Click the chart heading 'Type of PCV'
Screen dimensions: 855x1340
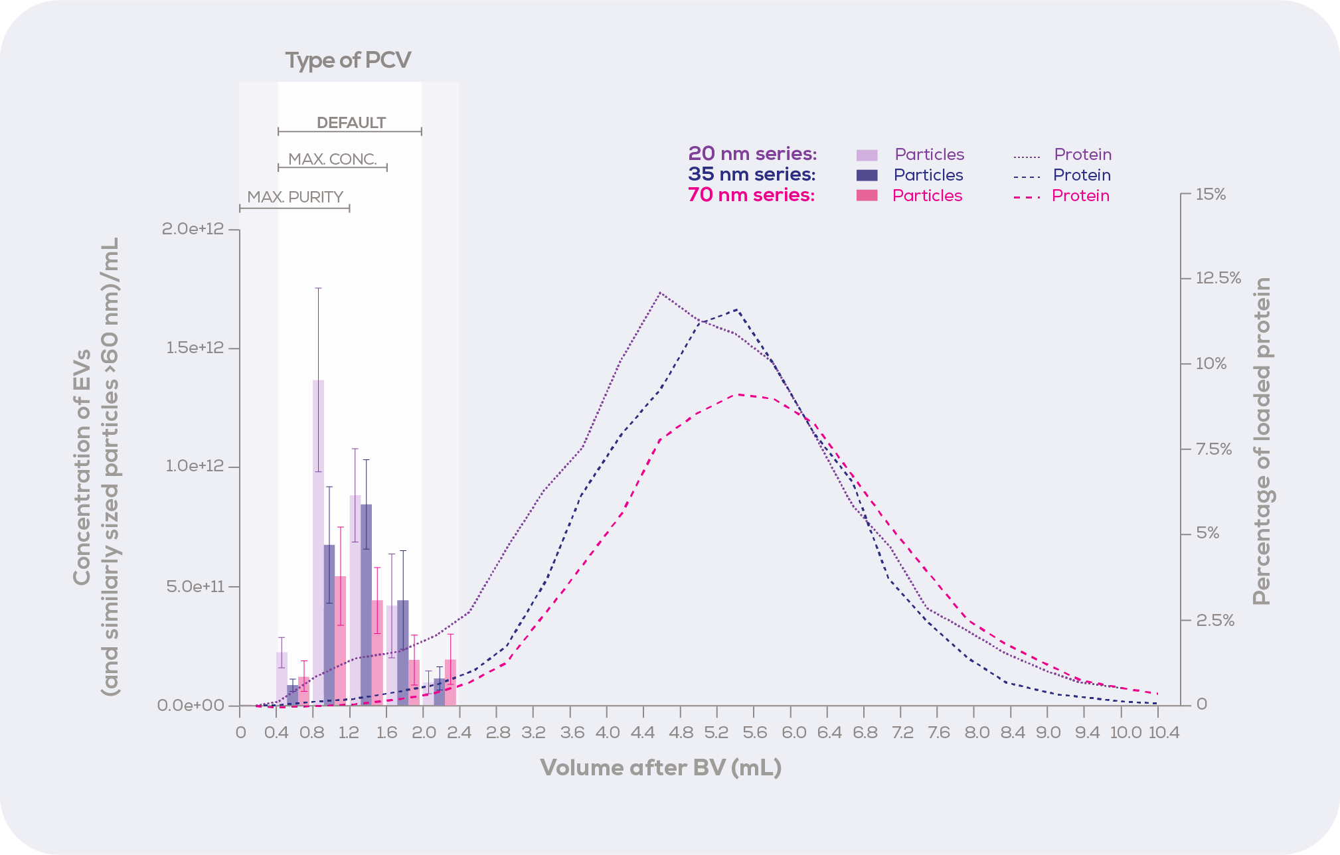click(x=348, y=60)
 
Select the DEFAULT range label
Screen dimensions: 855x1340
click(x=351, y=123)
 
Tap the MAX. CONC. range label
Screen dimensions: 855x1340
click(x=332, y=159)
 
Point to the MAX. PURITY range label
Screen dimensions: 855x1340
click(x=295, y=197)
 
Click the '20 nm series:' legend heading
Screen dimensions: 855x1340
click(x=752, y=154)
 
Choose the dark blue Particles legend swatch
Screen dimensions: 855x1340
click(x=867, y=175)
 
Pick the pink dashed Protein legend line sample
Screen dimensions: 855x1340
click(x=1027, y=196)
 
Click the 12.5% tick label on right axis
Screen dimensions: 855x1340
click(x=1218, y=278)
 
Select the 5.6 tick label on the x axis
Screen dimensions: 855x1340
click(x=754, y=733)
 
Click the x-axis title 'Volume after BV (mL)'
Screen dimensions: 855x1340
click(x=661, y=768)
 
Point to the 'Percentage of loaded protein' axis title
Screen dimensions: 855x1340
click(x=1261, y=441)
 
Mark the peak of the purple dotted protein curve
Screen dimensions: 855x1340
click(x=659, y=292)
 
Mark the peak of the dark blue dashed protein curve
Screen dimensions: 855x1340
click(x=736, y=309)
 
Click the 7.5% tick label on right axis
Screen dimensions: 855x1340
click(x=1213, y=449)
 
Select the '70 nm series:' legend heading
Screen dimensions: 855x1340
click(x=751, y=195)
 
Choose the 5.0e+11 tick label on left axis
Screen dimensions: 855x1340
click(x=195, y=587)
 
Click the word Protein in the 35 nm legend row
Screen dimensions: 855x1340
click(x=1082, y=175)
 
